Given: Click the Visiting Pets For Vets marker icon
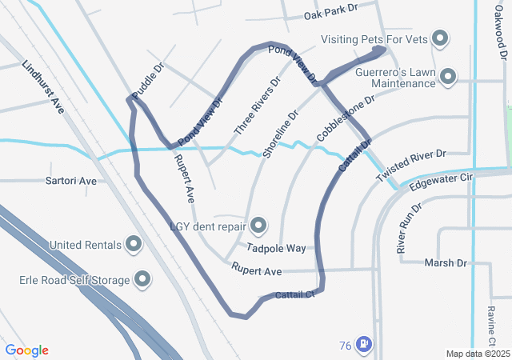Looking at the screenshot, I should click(440, 38).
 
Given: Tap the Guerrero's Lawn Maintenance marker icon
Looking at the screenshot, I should click(448, 78).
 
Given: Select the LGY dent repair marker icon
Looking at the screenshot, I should click(258, 225).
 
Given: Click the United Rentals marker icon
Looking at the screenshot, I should click(134, 244).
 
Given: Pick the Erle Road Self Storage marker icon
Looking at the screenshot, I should click(143, 279).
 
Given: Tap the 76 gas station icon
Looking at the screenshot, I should click(363, 344).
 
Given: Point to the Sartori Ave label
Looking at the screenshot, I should click(71, 182).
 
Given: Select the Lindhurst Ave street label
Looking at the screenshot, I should click(43, 86).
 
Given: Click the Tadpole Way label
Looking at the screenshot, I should click(276, 248).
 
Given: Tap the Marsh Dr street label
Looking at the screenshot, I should click(445, 262).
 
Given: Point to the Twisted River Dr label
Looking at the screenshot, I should click(410, 163).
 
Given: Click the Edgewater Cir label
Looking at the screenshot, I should click(442, 184).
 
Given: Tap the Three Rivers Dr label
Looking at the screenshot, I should click(257, 106).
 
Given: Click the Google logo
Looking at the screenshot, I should click(26, 350).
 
